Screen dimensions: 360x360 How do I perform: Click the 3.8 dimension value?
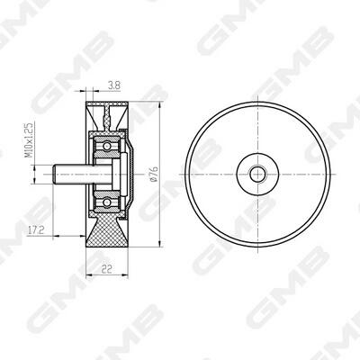[114, 85]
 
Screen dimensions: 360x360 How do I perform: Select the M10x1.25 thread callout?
[29, 139]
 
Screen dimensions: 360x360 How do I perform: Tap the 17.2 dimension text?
[36, 230]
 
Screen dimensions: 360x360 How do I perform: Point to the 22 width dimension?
[107, 269]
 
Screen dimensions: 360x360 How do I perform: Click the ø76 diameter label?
[155, 174]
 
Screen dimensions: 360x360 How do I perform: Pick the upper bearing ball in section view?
[106, 146]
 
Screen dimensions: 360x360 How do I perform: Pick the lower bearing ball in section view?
[106, 202]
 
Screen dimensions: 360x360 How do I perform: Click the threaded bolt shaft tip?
[55, 174]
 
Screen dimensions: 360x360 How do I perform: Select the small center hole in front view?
[257, 174]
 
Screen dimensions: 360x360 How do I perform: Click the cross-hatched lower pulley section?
[107, 231]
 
